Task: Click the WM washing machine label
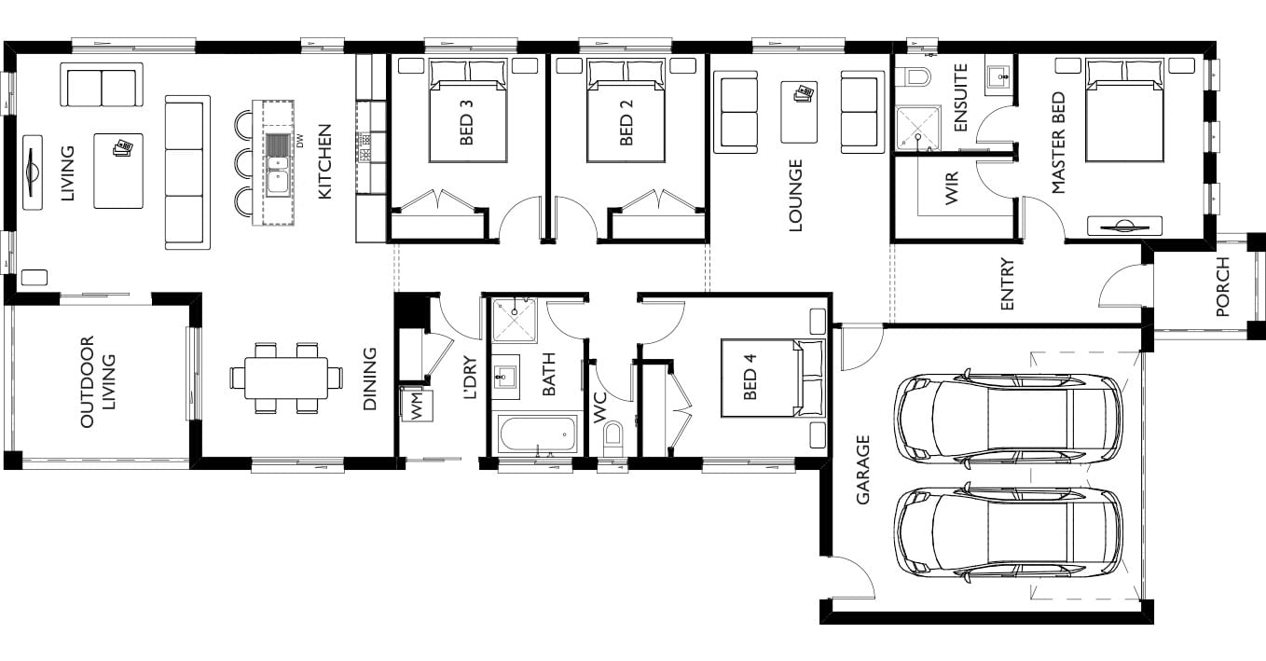tap(417, 406)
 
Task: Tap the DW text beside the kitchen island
tap(299, 140)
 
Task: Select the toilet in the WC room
tap(612, 439)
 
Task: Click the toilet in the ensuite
tap(915, 76)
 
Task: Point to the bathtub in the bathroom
tap(538, 434)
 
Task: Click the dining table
tap(286, 378)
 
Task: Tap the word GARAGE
tap(862, 469)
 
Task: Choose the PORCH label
tap(1222, 286)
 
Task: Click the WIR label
tap(952, 187)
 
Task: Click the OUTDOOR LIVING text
tap(97, 381)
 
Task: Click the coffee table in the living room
tap(118, 171)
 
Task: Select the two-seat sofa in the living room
tap(102, 85)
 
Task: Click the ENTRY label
tap(1007, 283)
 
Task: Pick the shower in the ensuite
tap(918, 129)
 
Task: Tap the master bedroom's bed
tap(1124, 110)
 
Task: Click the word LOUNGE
tap(795, 195)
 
